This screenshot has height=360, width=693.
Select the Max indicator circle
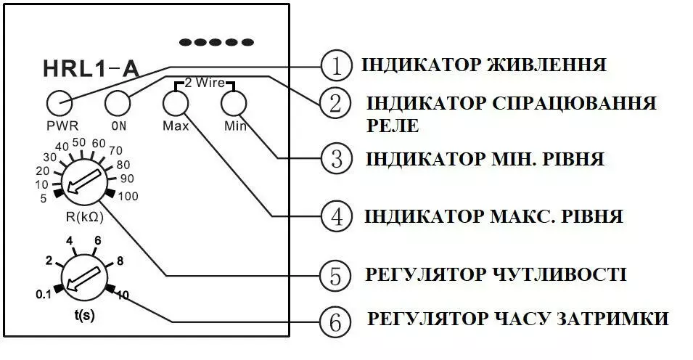click(x=175, y=104)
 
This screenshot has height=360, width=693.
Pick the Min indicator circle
click(x=233, y=104)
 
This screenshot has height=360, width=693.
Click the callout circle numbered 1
click(x=335, y=66)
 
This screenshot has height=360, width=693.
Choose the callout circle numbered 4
click(x=335, y=216)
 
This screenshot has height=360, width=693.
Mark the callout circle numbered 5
click(x=335, y=275)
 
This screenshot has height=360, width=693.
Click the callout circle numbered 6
click(x=335, y=320)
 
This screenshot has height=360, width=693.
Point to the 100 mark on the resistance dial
click(x=127, y=196)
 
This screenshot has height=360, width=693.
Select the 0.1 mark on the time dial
click(x=44, y=294)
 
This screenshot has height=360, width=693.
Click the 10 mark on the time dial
click(x=123, y=295)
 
